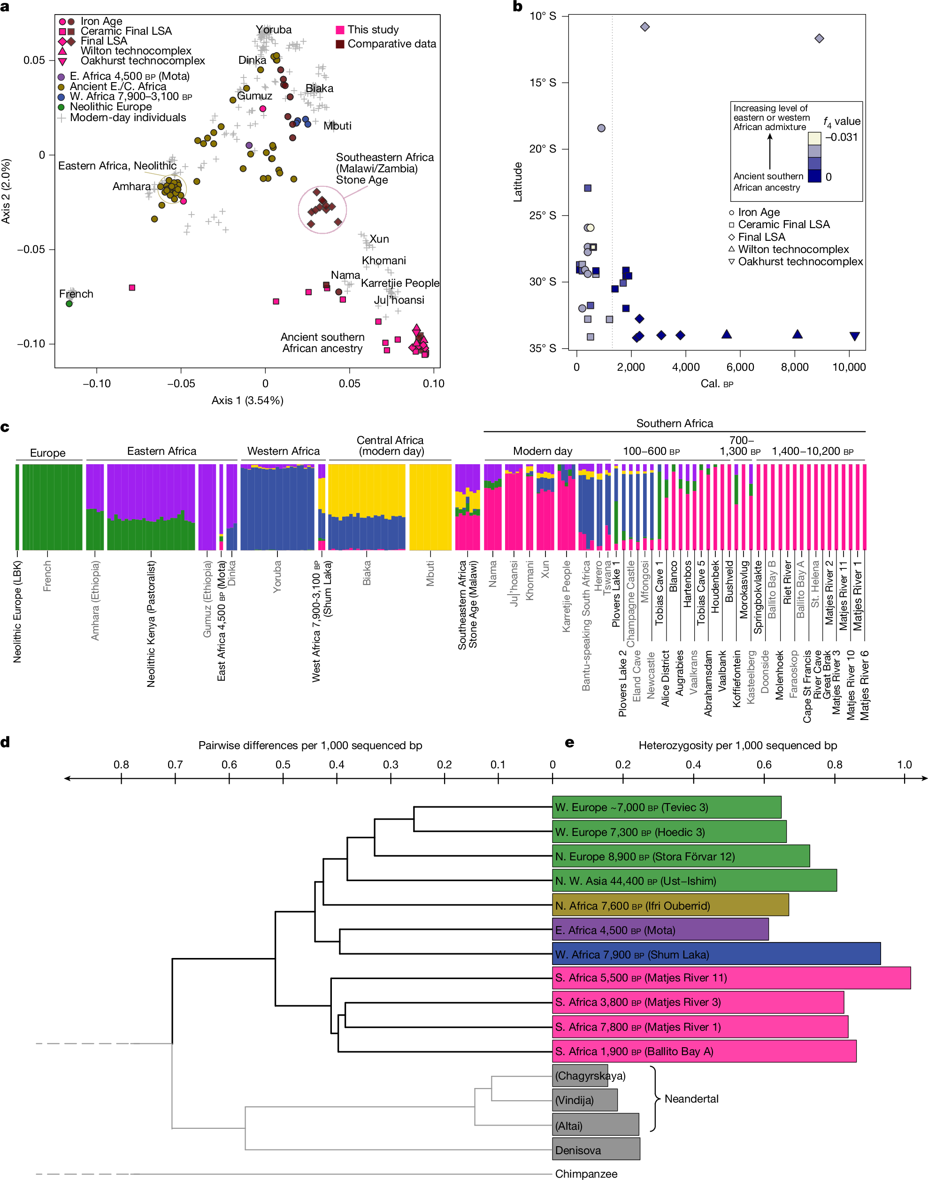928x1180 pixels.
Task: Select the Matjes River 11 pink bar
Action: (731, 978)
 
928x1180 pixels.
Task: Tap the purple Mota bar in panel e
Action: (660, 930)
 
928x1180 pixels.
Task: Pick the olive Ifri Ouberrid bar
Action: (670, 905)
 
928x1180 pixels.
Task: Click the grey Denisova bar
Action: (596, 1149)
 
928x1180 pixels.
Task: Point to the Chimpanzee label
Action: (586, 1173)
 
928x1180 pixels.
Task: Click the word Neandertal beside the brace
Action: (691, 1098)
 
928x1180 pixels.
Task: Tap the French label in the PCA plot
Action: (76, 294)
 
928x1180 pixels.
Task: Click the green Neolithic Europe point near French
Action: (69, 304)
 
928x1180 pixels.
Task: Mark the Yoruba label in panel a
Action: (274, 30)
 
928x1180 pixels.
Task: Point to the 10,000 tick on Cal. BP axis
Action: (849, 367)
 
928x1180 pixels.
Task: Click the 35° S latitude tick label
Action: (542, 348)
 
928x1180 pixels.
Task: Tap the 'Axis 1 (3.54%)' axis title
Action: (247, 400)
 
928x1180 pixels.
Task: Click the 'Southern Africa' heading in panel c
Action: (674, 423)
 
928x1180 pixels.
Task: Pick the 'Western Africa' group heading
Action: (283, 451)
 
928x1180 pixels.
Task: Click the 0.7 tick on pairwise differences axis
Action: (175, 765)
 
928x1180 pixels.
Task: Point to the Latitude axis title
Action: (518, 182)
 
